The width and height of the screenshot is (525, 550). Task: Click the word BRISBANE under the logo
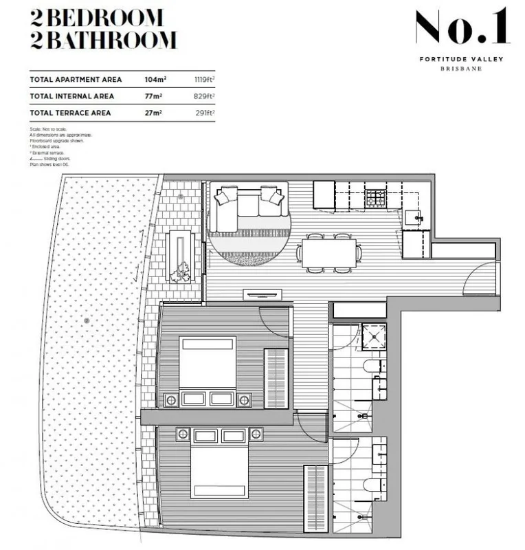[x=461, y=69]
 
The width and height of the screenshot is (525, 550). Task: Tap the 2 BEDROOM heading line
[x=97, y=17]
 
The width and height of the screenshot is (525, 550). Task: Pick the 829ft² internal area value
[x=204, y=96]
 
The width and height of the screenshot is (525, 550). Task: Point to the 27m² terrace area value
[x=152, y=112]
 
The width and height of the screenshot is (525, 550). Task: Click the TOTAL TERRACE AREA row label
[x=71, y=112]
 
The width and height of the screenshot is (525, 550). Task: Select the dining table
[x=329, y=253]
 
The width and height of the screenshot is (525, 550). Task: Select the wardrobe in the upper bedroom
[x=276, y=378]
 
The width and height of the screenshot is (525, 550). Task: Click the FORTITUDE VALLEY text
[x=461, y=59]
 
